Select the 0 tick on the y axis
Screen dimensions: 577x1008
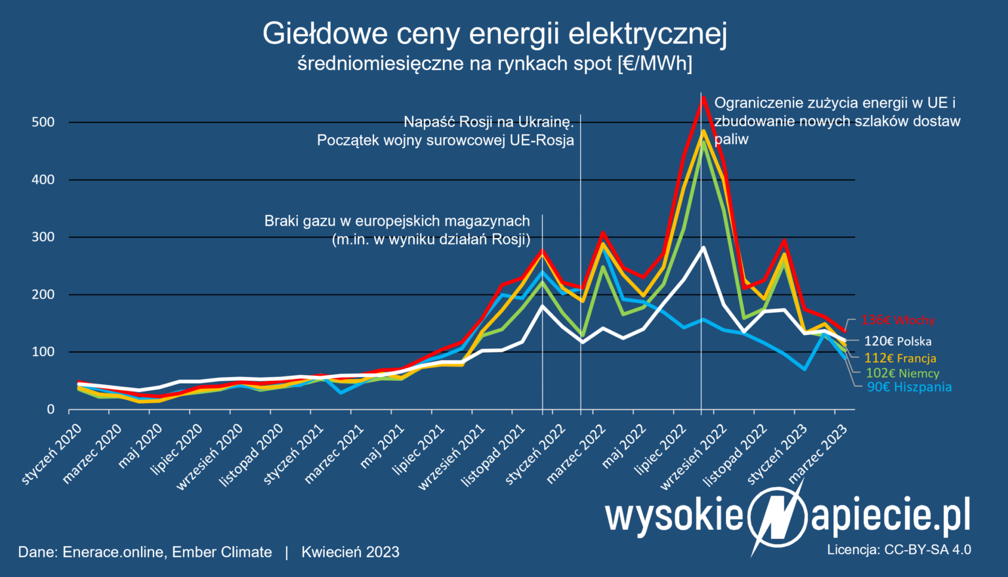pyautogui.click(x=51, y=410)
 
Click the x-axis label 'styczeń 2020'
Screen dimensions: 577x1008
pyautogui.click(x=52, y=454)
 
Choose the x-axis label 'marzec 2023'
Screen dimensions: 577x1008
pyautogui.click(x=818, y=453)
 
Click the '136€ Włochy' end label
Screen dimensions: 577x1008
pyautogui.click(x=898, y=321)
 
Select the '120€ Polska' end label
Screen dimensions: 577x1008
pyautogui.click(x=897, y=341)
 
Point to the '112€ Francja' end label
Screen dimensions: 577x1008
pyautogui.click(x=900, y=358)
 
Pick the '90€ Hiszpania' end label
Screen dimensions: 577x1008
pyautogui.click(x=909, y=387)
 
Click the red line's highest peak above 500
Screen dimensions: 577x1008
pyautogui.click(x=703, y=97)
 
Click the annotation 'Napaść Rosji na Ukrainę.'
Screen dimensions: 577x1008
pyautogui.click(x=489, y=122)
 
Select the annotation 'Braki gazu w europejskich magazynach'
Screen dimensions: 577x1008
pyautogui.click(x=397, y=221)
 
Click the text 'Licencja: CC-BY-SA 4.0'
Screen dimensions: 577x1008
pyautogui.click(x=899, y=549)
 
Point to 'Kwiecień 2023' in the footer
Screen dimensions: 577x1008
pyautogui.click(x=350, y=552)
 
